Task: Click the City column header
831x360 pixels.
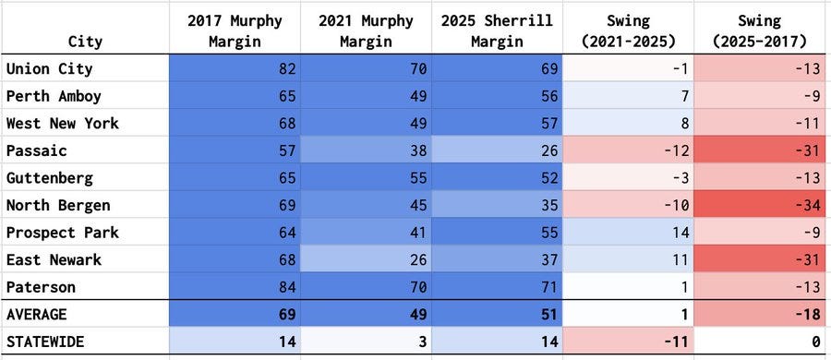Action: coord(85,42)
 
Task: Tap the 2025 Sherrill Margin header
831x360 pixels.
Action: coord(496,30)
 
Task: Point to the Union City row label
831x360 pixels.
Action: coord(48,68)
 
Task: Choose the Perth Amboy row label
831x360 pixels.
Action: coord(53,96)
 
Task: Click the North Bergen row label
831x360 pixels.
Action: coord(56,205)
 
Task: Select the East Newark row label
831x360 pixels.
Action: coord(53,259)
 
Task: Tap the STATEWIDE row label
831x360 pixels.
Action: coord(45,342)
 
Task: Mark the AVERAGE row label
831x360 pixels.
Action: coord(37,314)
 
